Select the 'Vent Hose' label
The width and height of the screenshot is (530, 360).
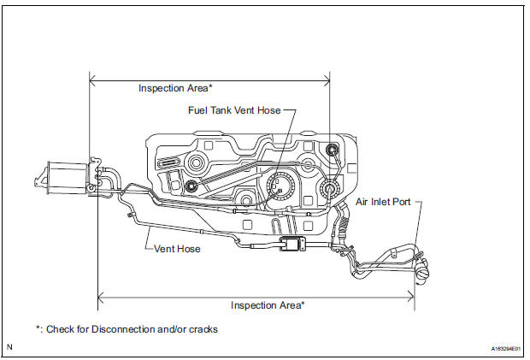[x=178, y=249]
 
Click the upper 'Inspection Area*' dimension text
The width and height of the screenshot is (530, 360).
[x=176, y=88]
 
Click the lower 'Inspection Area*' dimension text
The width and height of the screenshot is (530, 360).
[x=268, y=304]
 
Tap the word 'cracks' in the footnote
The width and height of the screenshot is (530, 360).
[x=203, y=329]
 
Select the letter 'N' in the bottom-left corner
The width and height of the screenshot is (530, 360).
[x=9, y=347]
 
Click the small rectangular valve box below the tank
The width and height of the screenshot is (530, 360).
[x=294, y=246]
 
